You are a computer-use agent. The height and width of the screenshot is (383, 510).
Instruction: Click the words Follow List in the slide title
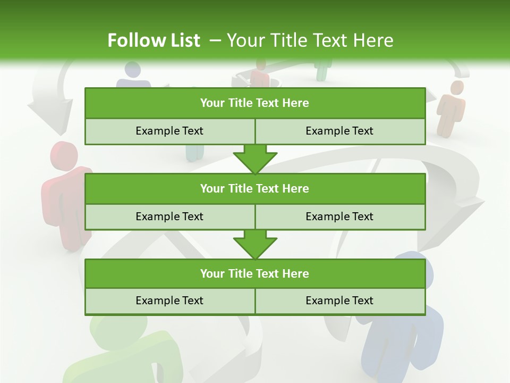tap(154, 40)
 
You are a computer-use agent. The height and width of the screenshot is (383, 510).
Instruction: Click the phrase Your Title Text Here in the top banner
tap(310, 40)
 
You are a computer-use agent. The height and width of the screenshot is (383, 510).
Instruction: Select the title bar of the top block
tap(254, 103)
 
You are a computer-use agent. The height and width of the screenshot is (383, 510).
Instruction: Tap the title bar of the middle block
tap(254, 188)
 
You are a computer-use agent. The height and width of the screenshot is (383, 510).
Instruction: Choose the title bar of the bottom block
tap(254, 273)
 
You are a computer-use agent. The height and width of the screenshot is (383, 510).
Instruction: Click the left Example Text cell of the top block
tap(169, 131)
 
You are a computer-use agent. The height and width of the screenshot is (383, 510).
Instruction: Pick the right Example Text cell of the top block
tap(339, 131)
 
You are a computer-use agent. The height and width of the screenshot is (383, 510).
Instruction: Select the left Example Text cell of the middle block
tap(169, 217)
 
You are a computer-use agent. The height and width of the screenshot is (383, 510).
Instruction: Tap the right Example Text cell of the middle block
tap(339, 217)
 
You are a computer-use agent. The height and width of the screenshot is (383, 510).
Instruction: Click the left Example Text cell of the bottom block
tap(169, 301)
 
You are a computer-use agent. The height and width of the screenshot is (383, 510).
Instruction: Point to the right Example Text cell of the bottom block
tap(339, 301)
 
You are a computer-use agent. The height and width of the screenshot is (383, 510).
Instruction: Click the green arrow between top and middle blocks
tap(255, 159)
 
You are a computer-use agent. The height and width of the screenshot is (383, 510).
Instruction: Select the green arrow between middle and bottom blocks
tap(255, 244)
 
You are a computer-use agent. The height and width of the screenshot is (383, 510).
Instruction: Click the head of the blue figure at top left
tap(132, 70)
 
